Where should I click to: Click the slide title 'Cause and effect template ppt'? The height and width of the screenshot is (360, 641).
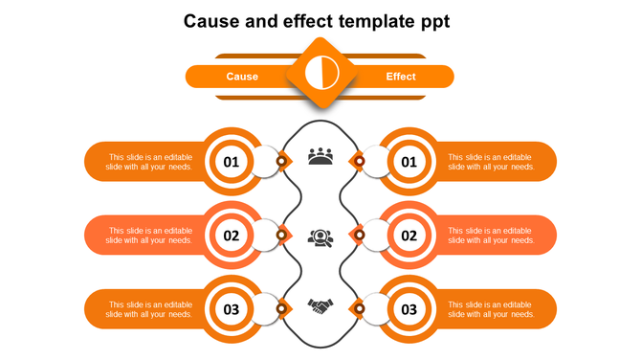[x=320, y=20]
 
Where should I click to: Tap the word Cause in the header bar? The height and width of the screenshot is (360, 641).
[x=242, y=77]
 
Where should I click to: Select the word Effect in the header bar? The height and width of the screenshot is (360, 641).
[x=401, y=77]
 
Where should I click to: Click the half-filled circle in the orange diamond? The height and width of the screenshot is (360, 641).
[x=320, y=73]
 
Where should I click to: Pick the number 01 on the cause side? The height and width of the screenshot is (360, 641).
[x=232, y=162]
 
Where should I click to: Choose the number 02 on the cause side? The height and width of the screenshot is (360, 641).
[x=232, y=236]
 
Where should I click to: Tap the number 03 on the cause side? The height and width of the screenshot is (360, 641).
[x=232, y=309]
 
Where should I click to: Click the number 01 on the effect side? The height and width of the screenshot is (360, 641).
[x=409, y=162]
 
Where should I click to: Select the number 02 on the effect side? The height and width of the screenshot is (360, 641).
[x=409, y=236]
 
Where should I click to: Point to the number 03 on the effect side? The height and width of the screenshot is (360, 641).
[x=409, y=309]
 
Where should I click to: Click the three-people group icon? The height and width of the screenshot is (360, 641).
[x=320, y=156]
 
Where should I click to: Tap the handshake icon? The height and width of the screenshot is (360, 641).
[x=320, y=306]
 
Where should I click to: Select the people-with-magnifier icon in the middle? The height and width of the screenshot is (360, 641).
[x=320, y=236]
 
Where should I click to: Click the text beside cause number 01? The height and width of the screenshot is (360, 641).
[x=149, y=162]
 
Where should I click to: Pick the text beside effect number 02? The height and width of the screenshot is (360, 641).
[x=491, y=236]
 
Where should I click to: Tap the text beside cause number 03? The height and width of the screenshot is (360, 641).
[x=149, y=309]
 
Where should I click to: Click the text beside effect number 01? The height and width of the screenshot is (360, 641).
[x=491, y=162]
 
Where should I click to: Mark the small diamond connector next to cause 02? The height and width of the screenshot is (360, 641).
[x=281, y=235]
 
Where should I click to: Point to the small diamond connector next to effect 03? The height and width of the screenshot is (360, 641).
[x=359, y=308]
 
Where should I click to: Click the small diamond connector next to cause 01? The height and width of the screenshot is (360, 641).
[x=281, y=161]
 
